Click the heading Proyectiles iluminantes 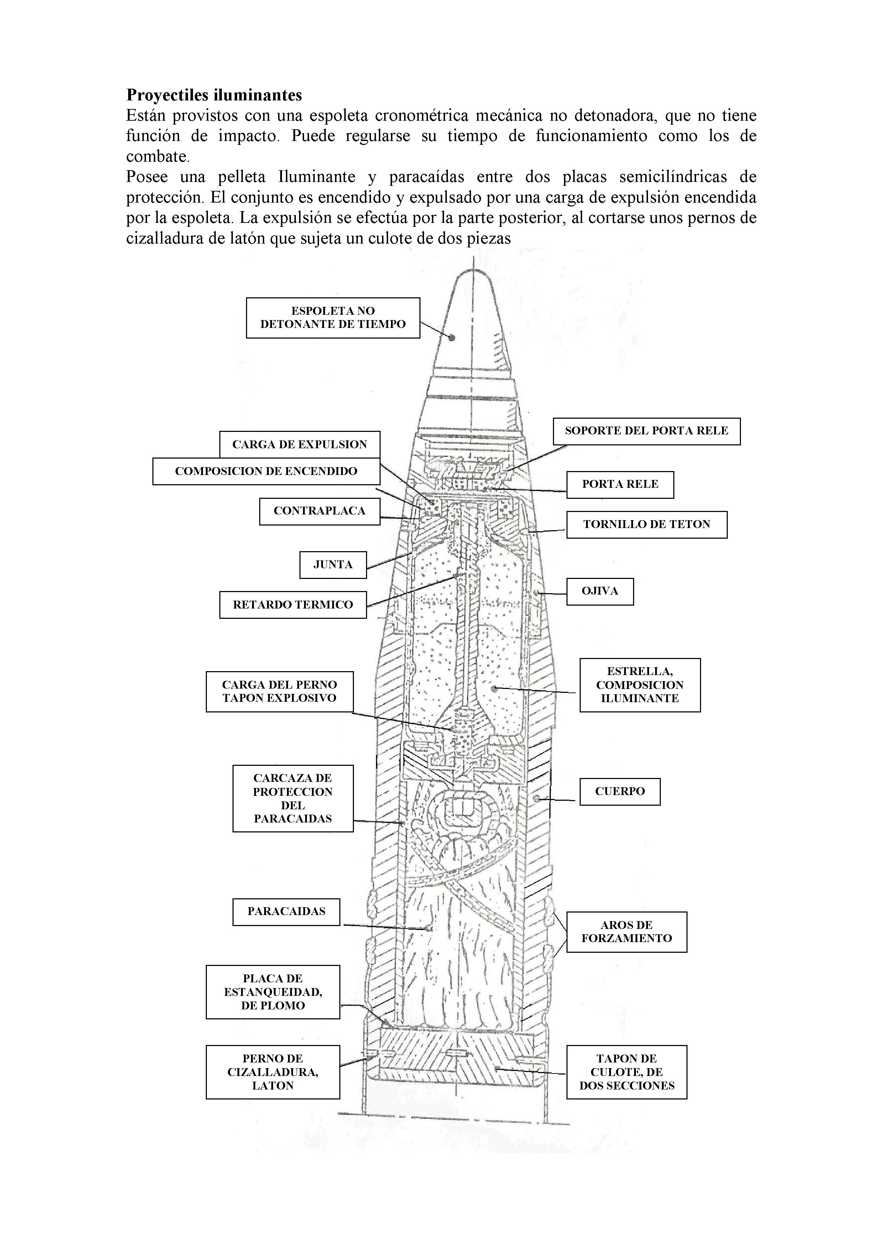[x=214, y=95]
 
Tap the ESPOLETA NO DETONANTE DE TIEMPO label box [x=333, y=318]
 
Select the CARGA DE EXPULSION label [x=300, y=444]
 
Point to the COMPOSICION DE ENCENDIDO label [x=266, y=471]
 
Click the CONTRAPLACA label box [x=319, y=511]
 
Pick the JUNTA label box [x=333, y=565]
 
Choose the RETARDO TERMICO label [x=293, y=604]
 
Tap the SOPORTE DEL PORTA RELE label [x=646, y=431]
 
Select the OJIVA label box [x=600, y=591]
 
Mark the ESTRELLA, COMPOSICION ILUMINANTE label [x=640, y=685]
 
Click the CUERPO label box [x=620, y=791]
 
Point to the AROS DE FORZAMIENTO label [x=627, y=932]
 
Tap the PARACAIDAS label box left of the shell [x=286, y=912]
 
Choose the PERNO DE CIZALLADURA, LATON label [x=273, y=1072]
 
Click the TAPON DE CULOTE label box [x=627, y=1072]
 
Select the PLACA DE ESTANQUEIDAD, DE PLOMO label [x=273, y=992]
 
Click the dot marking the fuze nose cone [x=451, y=337]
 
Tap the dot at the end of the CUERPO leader [x=537, y=799]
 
